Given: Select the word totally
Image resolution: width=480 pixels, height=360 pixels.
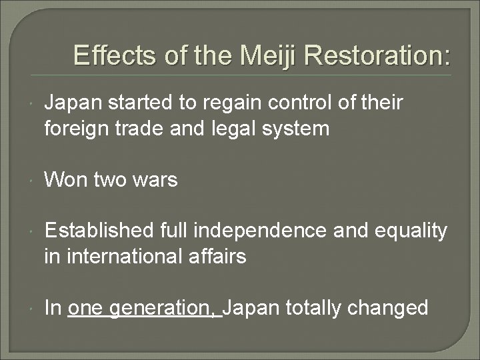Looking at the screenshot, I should point(312,309).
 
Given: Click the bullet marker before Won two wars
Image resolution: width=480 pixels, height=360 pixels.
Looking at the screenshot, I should point(33,181).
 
